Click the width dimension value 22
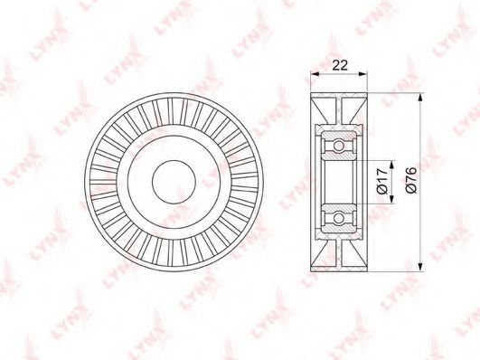click(x=340, y=65)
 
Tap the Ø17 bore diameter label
click(x=381, y=181)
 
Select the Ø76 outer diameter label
click(x=410, y=180)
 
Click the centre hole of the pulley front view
click(x=174, y=182)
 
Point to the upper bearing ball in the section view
click(x=338, y=145)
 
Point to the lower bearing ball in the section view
click(x=338, y=219)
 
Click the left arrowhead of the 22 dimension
click(x=315, y=74)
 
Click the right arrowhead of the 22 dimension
click(x=362, y=74)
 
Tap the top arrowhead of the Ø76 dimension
click(x=420, y=98)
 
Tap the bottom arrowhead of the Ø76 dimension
click(x=420, y=267)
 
